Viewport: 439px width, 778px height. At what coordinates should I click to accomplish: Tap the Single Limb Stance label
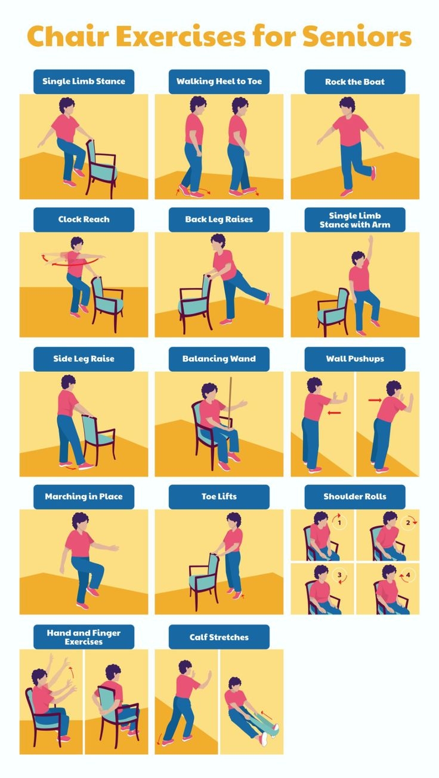(x=84, y=81)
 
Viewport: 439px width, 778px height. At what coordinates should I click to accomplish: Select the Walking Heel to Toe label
(x=219, y=81)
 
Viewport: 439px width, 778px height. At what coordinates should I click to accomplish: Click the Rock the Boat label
(x=355, y=82)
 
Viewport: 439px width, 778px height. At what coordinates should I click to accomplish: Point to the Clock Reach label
(x=84, y=219)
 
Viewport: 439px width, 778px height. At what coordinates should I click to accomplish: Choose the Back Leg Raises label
(x=219, y=219)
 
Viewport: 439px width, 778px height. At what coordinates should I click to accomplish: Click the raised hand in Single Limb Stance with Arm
(x=371, y=239)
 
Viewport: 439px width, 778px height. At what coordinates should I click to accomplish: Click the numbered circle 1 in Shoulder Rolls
(x=339, y=523)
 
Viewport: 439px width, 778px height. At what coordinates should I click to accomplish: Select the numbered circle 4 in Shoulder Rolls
(x=409, y=576)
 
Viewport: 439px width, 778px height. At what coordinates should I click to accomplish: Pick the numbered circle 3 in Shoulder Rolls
(x=339, y=576)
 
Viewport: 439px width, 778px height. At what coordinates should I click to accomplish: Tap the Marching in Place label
(x=84, y=497)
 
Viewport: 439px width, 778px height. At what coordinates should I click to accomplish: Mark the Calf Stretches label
(x=219, y=637)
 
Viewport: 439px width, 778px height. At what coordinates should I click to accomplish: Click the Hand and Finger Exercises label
(x=84, y=637)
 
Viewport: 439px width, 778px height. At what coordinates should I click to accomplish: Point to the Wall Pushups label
(x=355, y=359)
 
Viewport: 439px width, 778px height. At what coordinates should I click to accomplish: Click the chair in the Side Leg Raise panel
(x=98, y=436)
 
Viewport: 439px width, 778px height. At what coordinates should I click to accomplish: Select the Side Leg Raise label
(x=84, y=359)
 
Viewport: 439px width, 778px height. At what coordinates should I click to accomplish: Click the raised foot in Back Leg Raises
(x=267, y=298)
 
